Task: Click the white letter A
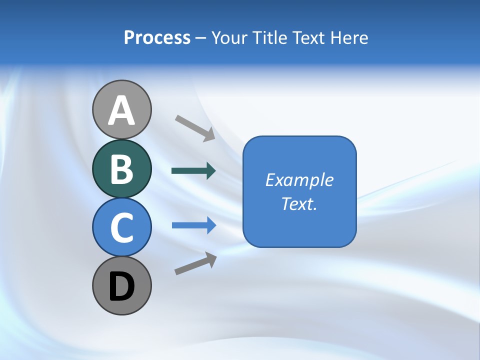(x=121, y=111)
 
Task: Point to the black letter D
(x=121, y=286)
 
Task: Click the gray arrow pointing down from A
(x=194, y=127)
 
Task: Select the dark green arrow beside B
(x=193, y=171)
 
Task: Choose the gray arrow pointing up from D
(x=195, y=263)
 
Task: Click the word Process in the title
(x=157, y=38)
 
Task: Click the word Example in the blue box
(x=299, y=180)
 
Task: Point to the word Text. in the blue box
(x=299, y=203)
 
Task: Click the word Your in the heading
(x=230, y=38)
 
